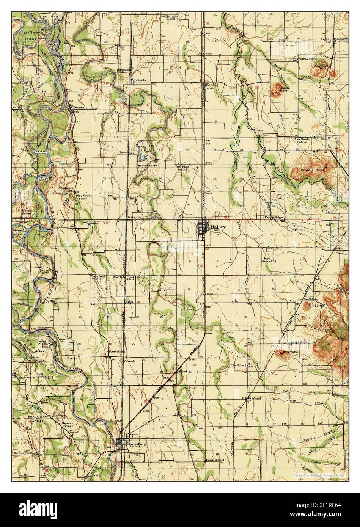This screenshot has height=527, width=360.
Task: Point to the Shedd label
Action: click(x=211, y=85)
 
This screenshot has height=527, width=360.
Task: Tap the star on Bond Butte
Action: click(x=281, y=353)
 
